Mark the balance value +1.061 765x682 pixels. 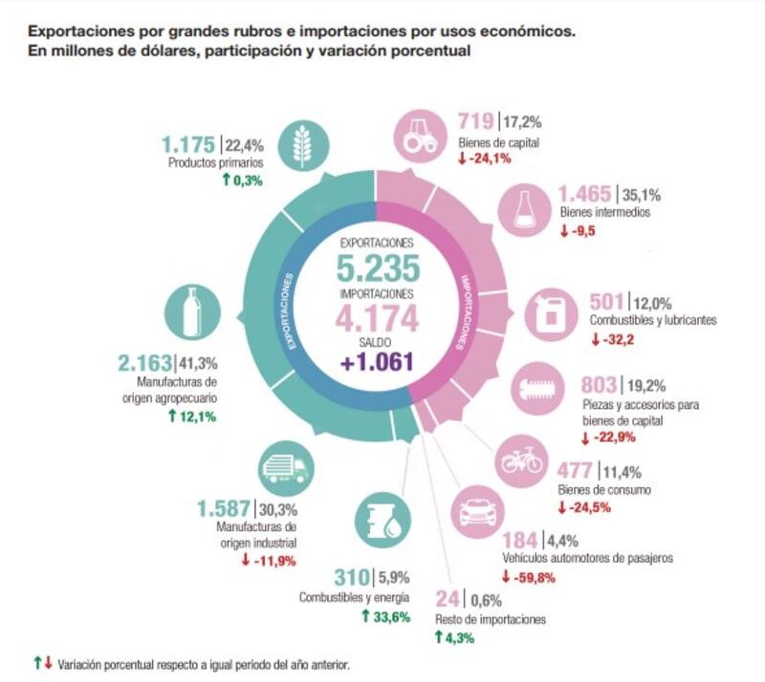pos(376,362)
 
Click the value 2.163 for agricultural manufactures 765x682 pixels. pos(142,363)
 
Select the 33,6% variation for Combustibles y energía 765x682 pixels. pos(392,616)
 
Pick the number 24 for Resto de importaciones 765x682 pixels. pos(448,600)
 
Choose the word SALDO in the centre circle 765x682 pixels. pos(376,341)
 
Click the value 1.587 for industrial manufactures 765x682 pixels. pos(223,508)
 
